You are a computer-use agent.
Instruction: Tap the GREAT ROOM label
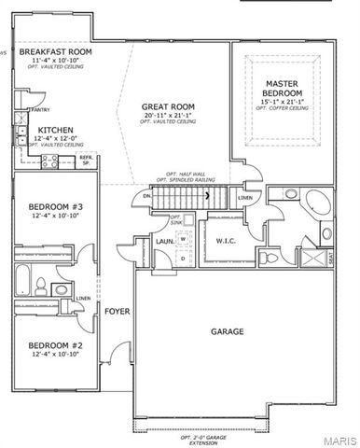pos(167,107)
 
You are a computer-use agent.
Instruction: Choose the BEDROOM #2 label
pos(45,343)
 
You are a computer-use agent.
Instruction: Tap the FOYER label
pos(117,311)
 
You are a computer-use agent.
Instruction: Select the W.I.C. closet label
pos(223,242)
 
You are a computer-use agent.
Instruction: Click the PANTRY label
pos(40,110)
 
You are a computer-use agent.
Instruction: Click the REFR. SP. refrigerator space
pos(86,161)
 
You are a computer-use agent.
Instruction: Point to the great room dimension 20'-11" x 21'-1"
pos(167,116)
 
